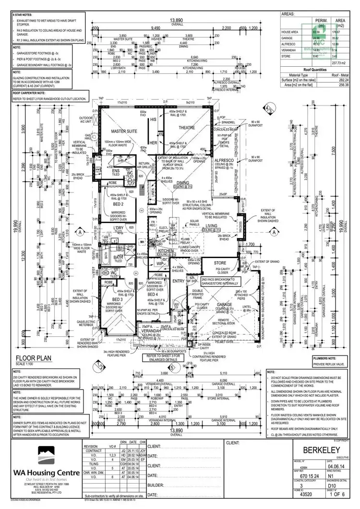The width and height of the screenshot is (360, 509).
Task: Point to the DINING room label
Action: coord(182,183)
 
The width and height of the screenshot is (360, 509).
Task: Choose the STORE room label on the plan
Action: coord(220,263)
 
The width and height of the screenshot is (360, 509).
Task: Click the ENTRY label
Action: coord(179,281)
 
